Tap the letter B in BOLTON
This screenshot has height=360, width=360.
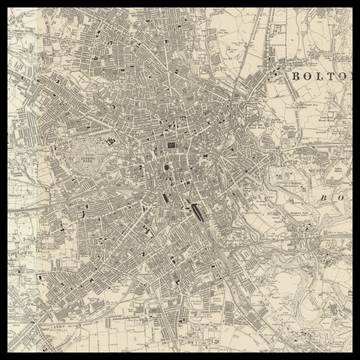click(x=294, y=76)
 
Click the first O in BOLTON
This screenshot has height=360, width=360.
click(x=303, y=76)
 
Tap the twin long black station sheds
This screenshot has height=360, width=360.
click(x=199, y=211)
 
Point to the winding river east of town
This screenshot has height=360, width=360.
click(x=262, y=150)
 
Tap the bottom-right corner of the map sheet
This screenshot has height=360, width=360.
click(x=353, y=353)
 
